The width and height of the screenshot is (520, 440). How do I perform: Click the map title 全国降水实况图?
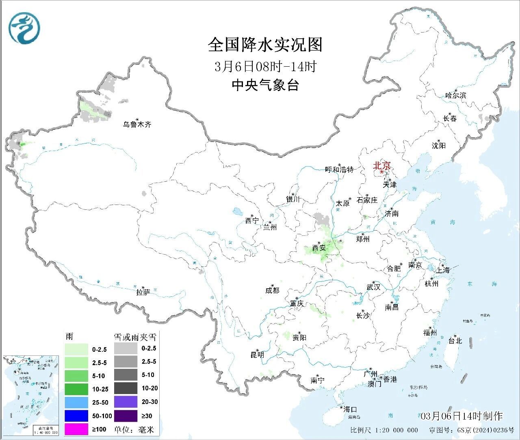pyautogui.click(x=265, y=45)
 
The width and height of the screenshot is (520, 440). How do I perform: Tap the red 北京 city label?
pyautogui.click(x=382, y=166)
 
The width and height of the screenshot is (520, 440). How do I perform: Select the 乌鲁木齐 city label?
pyautogui.click(x=137, y=124)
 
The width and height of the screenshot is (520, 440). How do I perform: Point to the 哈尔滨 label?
pyautogui.click(x=455, y=96)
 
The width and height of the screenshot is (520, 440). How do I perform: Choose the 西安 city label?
pyautogui.click(x=319, y=247)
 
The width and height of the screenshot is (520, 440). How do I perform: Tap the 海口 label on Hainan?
pyautogui.click(x=349, y=409)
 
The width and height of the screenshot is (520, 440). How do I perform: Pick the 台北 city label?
pyautogui.click(x=455, y=341)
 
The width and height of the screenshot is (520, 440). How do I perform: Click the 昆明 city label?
pyautogui.click(x=257, y=355)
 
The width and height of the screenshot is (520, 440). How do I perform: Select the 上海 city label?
pyautogui.click(x=443, y=270)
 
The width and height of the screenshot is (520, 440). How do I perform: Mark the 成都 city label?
pyautogui.click(x=272, y=290)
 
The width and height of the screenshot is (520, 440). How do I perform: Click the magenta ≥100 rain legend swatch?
pyautogui.click(x=76, y=429)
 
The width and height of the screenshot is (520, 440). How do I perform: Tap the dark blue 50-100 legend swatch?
pyautogui.click(x=76, y=416)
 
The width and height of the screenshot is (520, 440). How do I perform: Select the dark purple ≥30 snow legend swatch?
pyautogui.click(x=126, y=416)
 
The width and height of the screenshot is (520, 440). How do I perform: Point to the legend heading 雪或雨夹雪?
pyautogui.click(x=134, y=337)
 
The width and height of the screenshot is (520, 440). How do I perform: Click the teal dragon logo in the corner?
pyautogui.click(x=25, y=28)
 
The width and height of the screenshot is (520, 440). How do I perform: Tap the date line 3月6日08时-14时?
pyautogui.click(x=265, y=66)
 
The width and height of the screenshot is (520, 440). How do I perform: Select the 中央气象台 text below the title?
pyautogui.click(x=265, y=85)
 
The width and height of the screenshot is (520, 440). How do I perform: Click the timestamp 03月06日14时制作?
pyautogui.click(x=461, y=416)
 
